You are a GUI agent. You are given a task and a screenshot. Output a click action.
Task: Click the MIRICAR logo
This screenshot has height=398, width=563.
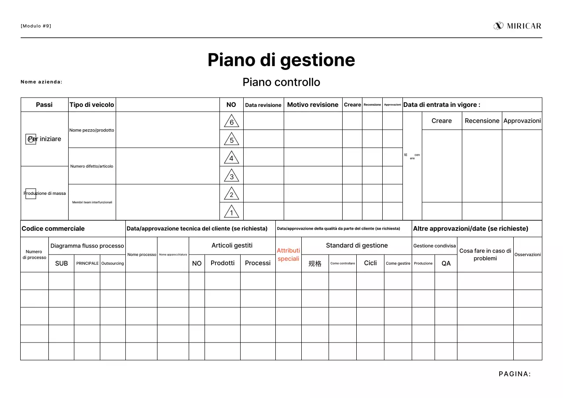click(517, 26)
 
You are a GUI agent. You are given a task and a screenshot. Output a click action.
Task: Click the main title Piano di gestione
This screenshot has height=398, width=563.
click(281, 60)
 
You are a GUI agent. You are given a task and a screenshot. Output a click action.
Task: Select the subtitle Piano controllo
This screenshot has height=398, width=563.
click(281, 82)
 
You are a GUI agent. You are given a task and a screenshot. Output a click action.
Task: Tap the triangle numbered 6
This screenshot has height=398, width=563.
click(231, 121)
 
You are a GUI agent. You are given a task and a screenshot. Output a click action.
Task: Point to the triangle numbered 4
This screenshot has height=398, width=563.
click(231, 158)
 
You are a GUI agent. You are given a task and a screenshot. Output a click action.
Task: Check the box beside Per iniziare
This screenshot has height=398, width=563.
click(31, 139)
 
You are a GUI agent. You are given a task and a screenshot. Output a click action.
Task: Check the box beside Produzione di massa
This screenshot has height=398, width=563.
click(31, 194)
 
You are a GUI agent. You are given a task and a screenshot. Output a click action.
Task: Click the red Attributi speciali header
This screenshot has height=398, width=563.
click(289, 255)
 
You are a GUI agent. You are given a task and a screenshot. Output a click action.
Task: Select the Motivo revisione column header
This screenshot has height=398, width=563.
click(313, 105)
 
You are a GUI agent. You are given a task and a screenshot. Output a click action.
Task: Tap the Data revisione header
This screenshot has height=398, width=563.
click(263, 105)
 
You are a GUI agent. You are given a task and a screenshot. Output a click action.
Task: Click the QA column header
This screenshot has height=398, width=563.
click(446, 263)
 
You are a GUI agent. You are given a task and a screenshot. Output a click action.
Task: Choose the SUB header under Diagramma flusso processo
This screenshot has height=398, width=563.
click(61, 263)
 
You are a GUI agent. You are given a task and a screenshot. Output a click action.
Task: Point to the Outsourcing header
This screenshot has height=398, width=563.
click(113, 263)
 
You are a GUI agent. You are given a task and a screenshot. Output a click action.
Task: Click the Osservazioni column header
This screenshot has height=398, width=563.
click(527, 255)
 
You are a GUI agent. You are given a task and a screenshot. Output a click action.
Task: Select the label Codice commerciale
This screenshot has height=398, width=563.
click(53, 229)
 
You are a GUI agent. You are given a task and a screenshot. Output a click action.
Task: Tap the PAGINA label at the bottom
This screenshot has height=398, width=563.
click(515, 374)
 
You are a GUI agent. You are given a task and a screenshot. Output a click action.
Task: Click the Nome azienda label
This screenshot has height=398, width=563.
click(41, 82)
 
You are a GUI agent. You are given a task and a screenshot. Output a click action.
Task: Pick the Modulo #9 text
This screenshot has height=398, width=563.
click(36, 26)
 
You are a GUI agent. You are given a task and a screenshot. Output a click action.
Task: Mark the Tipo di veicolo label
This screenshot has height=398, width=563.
click(91, 105)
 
